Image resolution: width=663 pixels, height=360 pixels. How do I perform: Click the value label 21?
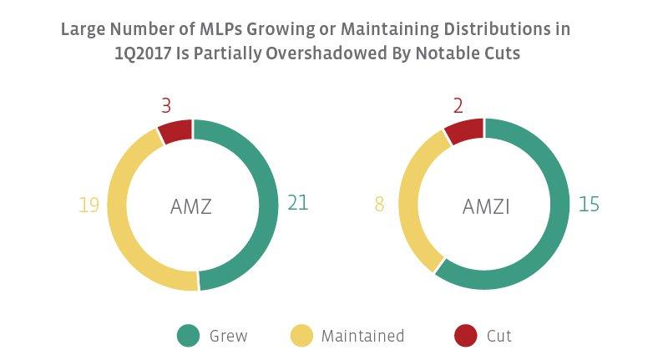(x=298, y=204)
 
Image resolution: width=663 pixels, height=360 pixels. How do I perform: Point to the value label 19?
(x=89, y=205)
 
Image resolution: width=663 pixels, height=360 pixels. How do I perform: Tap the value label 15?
(x=589, y=204)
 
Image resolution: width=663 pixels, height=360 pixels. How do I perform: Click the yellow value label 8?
(x=379, y=205)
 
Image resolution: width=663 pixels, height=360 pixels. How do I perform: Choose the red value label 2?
(x=458, y=106)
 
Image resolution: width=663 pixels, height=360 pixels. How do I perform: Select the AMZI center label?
(x=484, y=205)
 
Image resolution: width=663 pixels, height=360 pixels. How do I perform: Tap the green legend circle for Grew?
(x=188, y=336)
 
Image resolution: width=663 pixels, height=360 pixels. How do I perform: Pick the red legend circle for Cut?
(x=465, y=336)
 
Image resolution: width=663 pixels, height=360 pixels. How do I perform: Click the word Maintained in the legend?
(x=362, y=336)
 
